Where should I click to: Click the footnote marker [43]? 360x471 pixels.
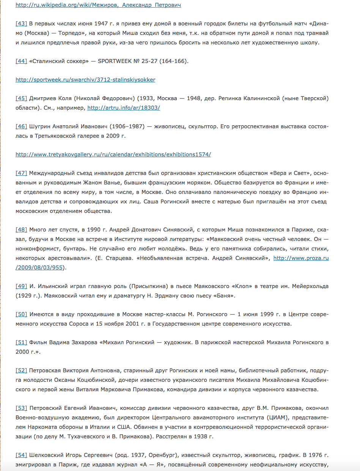tap(21, 24)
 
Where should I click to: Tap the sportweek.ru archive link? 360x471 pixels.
tap(85, 80)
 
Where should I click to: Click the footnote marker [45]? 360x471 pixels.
tap(21, 98)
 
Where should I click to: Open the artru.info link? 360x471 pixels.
tap(124, 108)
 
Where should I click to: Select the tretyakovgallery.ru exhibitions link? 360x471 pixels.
tap(113, 154)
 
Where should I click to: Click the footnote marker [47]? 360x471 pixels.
tap(21, 173)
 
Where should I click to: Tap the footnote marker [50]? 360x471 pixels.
tap(21, 315)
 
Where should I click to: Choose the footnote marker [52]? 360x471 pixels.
tap(21, 370)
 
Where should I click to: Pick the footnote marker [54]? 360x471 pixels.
tap(21, 455)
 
